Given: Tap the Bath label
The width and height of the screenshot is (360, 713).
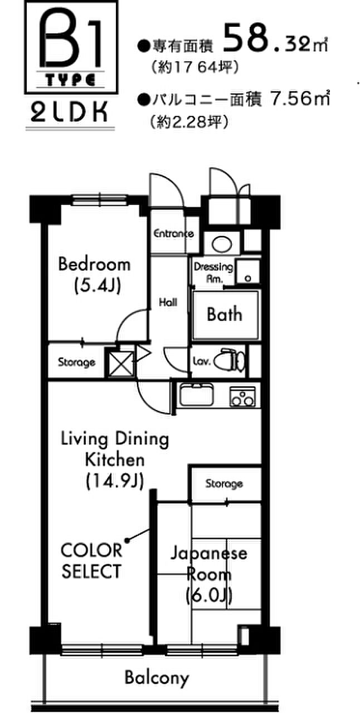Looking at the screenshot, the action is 225,315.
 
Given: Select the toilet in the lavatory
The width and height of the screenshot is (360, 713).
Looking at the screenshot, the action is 230,362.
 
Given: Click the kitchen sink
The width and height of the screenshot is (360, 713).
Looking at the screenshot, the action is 196,395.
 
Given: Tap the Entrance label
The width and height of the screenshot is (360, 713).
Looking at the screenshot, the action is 174,233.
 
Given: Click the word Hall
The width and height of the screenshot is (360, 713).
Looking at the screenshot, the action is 168,302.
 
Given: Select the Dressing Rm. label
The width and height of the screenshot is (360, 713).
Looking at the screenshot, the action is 213,273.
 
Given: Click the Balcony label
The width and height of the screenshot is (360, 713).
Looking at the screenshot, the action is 157,678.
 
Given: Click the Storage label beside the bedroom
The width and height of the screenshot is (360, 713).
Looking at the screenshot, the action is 76,362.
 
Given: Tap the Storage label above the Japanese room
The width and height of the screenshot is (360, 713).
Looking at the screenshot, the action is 224,484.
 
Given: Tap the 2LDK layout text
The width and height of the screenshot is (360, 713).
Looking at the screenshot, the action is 70,113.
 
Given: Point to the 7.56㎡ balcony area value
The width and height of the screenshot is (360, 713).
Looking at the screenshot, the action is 299,99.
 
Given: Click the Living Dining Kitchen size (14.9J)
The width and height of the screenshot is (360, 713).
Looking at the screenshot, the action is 115,481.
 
